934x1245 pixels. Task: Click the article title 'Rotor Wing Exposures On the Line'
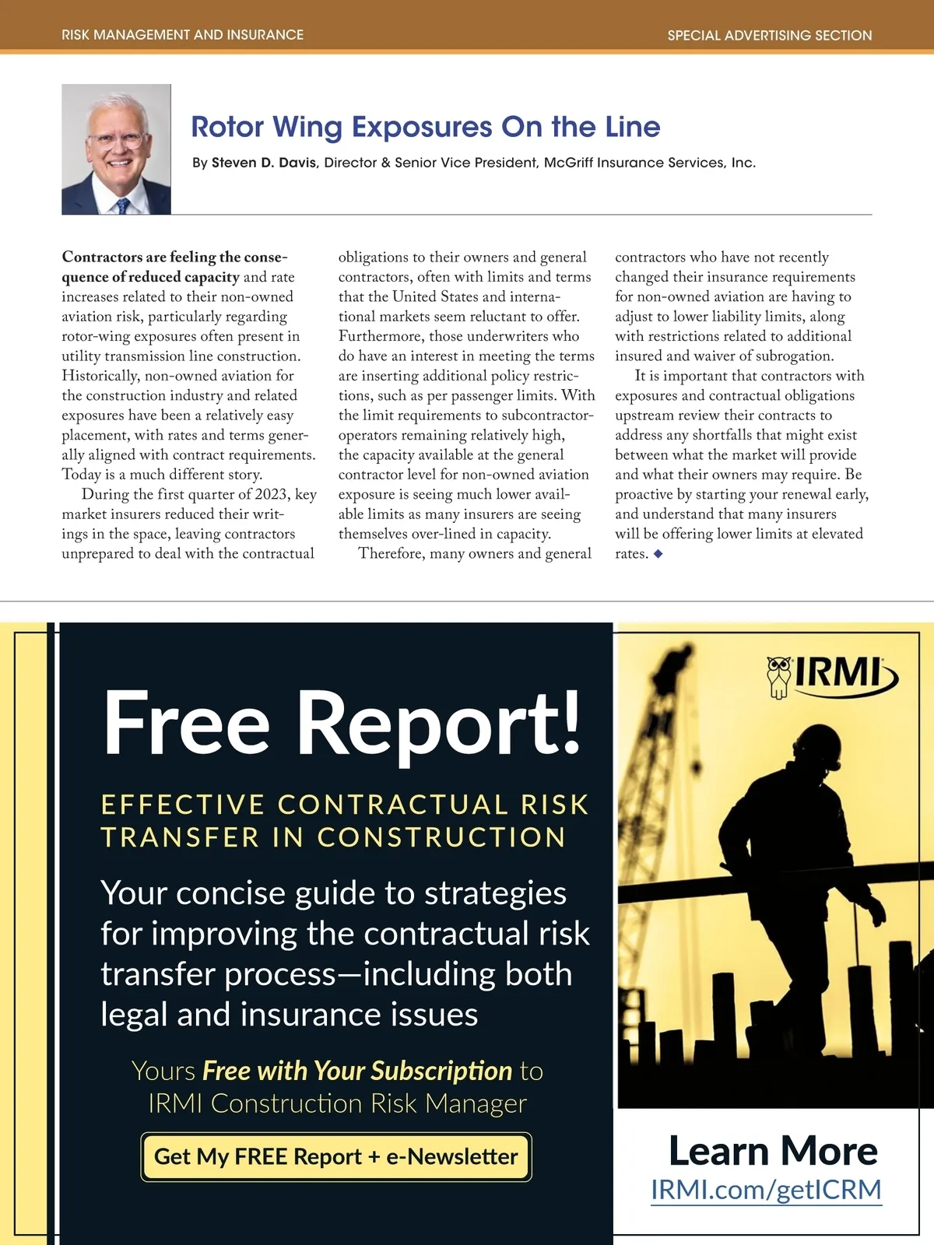(x=425, y=127)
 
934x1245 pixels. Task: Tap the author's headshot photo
(x=116, y=149)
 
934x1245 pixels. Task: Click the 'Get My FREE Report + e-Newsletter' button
(x=336, y=1157)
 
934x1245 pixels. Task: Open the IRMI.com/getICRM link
(x=766, y=1190)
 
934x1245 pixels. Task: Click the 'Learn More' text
(x=773, y=1151)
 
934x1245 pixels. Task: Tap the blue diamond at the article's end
(x=658, y=554)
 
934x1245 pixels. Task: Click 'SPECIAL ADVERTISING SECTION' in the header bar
(x=769, y=35)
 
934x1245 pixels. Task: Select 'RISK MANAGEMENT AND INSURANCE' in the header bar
(x=183, y=35)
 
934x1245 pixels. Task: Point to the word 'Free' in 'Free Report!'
(x=187, y=724)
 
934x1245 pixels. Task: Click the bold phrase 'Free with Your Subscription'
(x=356, y=1071)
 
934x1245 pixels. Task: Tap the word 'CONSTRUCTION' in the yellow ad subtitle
(x=441, y=837)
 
